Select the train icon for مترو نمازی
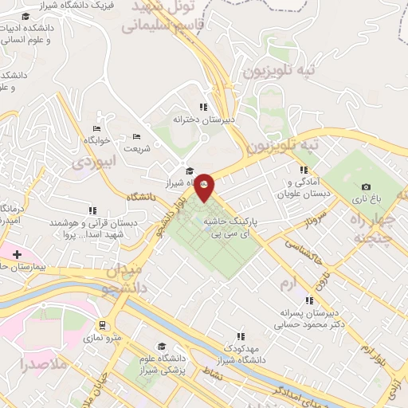point(103,325)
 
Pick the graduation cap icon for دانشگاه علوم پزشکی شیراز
point(163,346)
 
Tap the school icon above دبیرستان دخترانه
point(203,106)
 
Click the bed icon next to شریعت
point(135,135)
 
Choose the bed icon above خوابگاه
point(97,129)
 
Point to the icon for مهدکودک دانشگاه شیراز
point(241,336)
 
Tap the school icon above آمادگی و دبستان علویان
point(303,170)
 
